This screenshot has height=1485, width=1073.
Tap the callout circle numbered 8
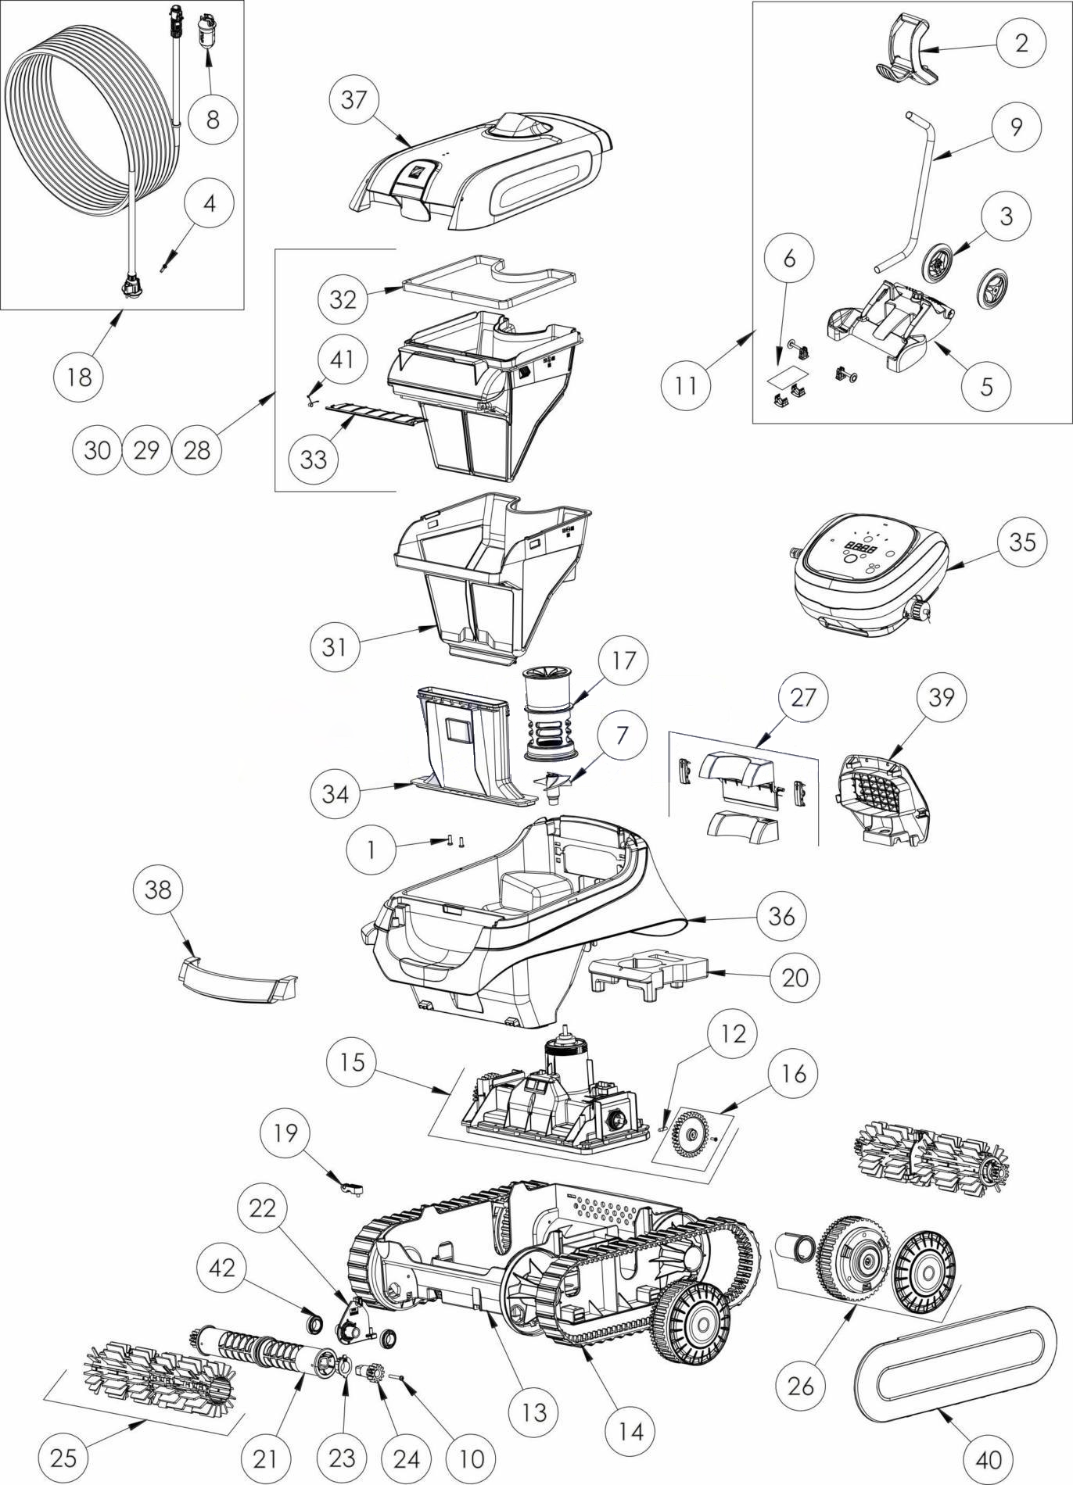(x=213, y=119)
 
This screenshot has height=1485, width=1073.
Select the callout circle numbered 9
(x=1016, y=126)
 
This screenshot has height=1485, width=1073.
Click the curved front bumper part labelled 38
(x=235, y=978)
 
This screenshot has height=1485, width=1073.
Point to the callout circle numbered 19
(x=285, y=1133)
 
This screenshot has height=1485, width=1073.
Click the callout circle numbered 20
(x=795, y=977)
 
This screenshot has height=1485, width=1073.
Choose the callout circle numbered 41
(x=342, y=359)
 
